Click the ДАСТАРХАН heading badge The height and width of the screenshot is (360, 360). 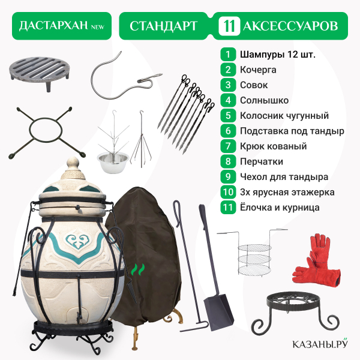62,26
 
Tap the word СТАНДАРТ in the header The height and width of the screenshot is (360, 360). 163,26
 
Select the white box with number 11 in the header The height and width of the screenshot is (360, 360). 229,26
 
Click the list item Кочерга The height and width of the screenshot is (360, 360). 258,70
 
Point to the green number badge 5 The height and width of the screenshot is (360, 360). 228,115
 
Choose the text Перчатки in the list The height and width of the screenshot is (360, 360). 262,161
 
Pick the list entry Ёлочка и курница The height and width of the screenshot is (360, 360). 280,208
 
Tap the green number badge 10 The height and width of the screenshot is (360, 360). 228,192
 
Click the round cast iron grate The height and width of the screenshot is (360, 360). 40,73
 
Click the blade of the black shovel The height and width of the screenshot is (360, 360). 218,313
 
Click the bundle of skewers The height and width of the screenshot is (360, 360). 186,114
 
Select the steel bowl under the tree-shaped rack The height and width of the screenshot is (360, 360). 113,162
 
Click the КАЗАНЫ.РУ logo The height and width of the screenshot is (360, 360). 320,344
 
